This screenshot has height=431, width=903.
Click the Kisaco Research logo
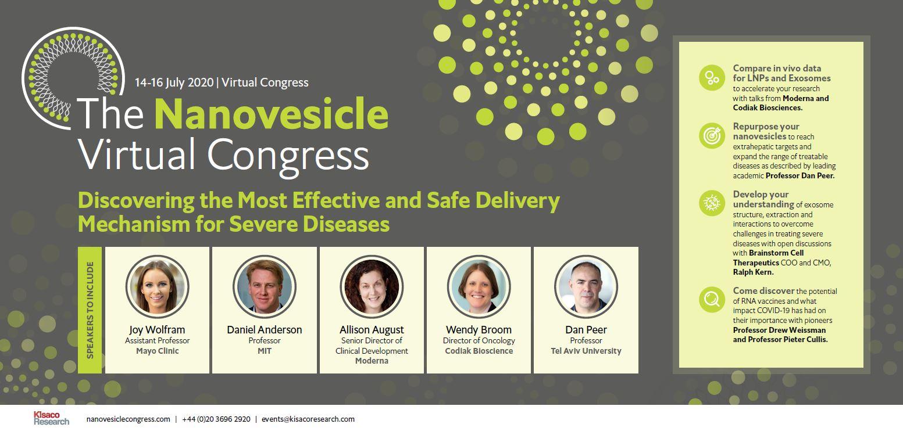tap(51, 418)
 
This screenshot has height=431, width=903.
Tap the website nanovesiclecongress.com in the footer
tap(128, 419)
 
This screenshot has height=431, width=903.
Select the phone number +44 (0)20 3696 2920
tap(216, 419)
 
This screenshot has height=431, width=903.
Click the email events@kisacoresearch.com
tap(308, 419)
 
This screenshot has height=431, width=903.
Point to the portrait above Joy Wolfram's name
tap(157, 287)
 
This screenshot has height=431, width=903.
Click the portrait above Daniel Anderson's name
tap(265, 287)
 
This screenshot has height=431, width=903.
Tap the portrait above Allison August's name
tap(372, 287)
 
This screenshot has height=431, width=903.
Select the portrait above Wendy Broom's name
tap(479, 287)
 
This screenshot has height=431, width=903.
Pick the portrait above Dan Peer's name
tap(586, 287)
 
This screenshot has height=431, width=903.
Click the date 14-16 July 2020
tap(174, 82)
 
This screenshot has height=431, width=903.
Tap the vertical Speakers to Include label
tap(90, 310)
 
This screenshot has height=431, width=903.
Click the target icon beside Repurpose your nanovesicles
tap(712, 136)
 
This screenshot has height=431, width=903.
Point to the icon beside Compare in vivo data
tap(712, 77)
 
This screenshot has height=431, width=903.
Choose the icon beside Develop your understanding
tap(712, 203)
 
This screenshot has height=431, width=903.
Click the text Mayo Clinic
tap(157, 351)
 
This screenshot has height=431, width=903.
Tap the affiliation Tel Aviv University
tap(586, 351)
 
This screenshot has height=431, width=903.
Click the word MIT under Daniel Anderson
tap(265, 351)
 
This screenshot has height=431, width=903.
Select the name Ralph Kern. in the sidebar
tap(753, 272)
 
